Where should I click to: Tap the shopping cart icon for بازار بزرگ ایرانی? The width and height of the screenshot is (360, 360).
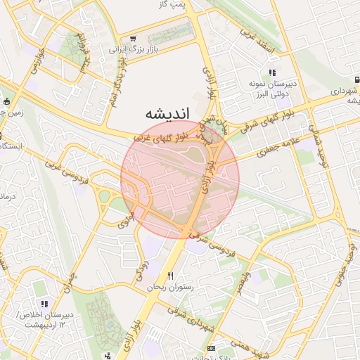[x=133, y=39]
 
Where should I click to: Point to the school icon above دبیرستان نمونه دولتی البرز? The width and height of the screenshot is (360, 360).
[x=271, y=72]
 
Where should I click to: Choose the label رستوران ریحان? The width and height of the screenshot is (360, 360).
[x=169, y=288]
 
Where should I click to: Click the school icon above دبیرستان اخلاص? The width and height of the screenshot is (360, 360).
[x=44, y=304]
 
